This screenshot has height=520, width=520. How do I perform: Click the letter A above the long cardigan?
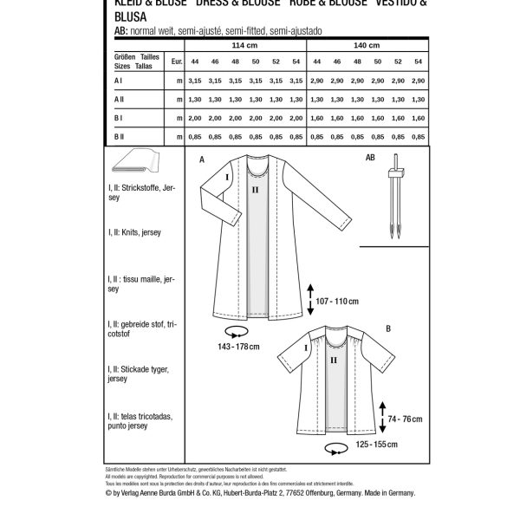pyautogui.click(x=202, y=160)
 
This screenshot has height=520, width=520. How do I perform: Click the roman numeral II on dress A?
pyautogui.click(x=254, y=188)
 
